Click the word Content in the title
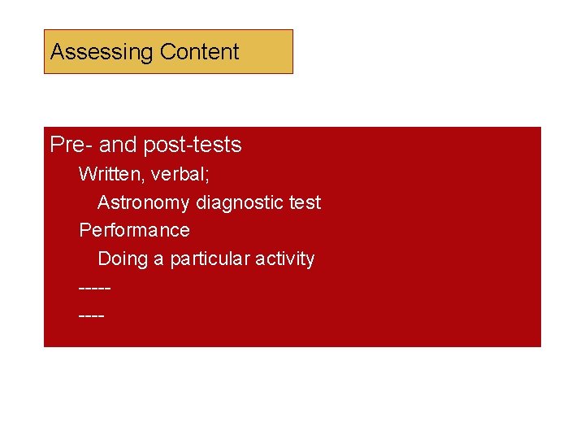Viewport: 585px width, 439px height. (199, 52)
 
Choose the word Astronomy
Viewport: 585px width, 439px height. (144, 202)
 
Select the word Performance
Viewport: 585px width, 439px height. (134, 230)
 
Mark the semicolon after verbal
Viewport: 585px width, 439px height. (208, 176)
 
